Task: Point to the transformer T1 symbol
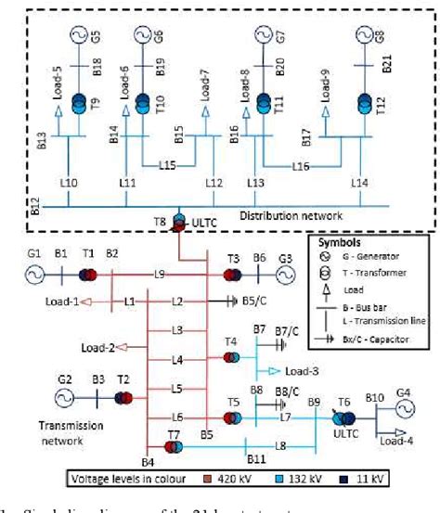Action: point(89,276)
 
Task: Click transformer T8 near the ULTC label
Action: point(179,224)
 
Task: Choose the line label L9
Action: point(160,275)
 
